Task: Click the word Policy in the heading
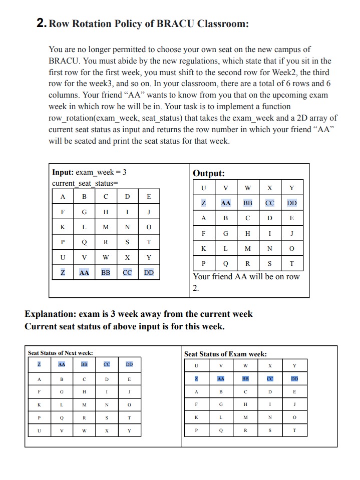(x=135, y=24)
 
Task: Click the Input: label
(x=63, y=172)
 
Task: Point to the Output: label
(x=209, y=173)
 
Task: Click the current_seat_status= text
(x=85, y=183)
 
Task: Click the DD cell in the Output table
(x=292, y=203)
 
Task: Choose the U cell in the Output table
(x=203, y=188)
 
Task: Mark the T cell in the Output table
(x=292, y=263)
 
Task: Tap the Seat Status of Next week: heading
(x=60, y=353)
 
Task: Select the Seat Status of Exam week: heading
(x=225, y=354)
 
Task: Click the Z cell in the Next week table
(x=39, y=364)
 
